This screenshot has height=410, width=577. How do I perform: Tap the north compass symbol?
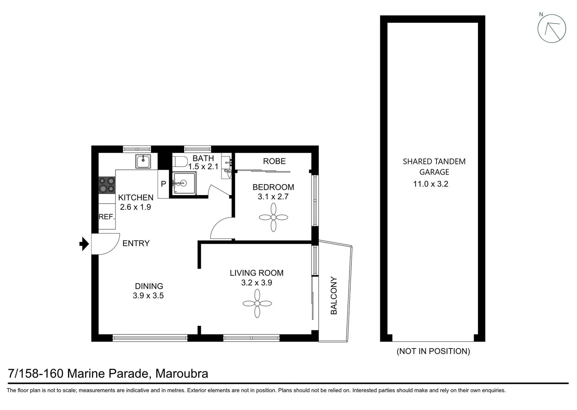[552, 28]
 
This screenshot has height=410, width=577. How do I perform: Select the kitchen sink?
[143, 161]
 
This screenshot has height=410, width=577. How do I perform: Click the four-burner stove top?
[107, 185]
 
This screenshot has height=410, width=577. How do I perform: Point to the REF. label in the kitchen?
[106, 217]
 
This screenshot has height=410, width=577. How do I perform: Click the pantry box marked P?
[163, 184]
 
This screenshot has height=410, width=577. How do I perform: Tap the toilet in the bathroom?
[179, 161]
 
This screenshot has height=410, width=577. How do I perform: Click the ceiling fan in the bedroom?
[273, 218]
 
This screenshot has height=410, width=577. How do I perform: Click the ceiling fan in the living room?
[257, 303]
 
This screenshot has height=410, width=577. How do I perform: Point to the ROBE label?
[274, 161]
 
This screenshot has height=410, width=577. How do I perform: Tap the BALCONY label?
[334, 296]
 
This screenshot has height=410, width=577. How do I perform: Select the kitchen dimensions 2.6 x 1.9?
[136, 207]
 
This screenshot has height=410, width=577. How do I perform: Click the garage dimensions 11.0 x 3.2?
[430, 184]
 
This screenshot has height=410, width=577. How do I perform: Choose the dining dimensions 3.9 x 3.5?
[148, 296]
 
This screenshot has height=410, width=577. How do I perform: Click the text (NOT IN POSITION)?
[433, 351]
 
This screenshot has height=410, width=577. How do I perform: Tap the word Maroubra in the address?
[182, 374]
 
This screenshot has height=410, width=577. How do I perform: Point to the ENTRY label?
[136, 243]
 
